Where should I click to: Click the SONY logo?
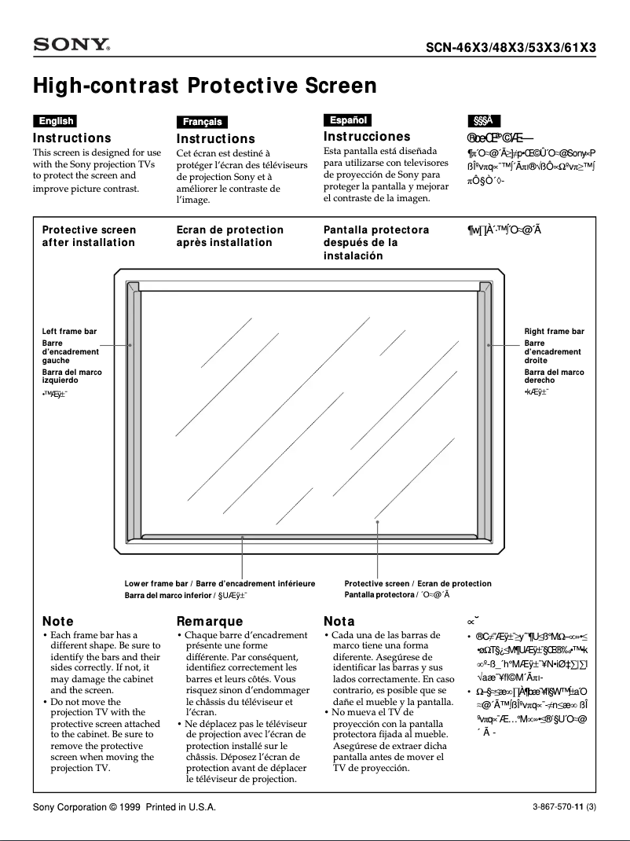pos(71,46)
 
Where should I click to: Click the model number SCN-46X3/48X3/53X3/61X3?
pos(511,47)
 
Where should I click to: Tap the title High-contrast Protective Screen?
pos(204,85)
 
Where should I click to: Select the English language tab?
pos(55,121)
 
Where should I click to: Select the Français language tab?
pos(203,122)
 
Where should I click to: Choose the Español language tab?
pos(347,120)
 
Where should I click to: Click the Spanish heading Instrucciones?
pos(367,137)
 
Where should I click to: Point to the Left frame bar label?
pos(69,332)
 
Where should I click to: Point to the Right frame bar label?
pos(554,332)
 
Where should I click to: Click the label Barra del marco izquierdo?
pos(71,376)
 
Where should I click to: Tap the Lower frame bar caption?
pos(156,584)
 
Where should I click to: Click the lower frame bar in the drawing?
pos(314,538)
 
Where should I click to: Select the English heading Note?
pos(57,622)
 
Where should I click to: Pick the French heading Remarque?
pos(210,622)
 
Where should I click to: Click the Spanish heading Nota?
pos(339,622)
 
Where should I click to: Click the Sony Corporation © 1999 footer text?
pos(123,808)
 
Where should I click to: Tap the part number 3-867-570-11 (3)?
pos(564,808)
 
